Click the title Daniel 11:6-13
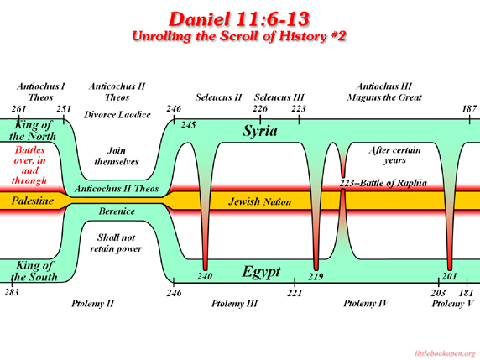239,18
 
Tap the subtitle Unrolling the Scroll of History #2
239,36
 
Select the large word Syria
260,131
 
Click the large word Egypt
261,272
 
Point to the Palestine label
33,201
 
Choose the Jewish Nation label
259,201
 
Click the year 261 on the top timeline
19,109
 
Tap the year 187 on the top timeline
469,108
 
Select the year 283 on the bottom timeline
12,292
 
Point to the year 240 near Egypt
205,276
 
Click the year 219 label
316,276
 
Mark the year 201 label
449,276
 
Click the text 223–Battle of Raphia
383,183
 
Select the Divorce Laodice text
117,115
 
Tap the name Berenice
117,211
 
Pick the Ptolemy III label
234,304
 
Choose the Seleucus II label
218,97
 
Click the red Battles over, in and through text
29,165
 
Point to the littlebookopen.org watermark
445,353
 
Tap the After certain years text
394,155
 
